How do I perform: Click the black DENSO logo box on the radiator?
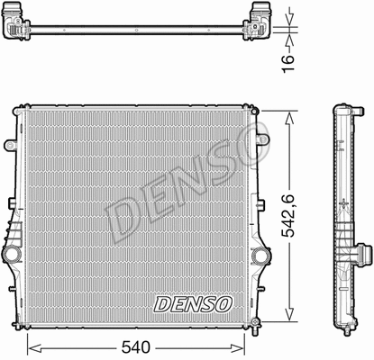pyautogui.click(x=193, y=303)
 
